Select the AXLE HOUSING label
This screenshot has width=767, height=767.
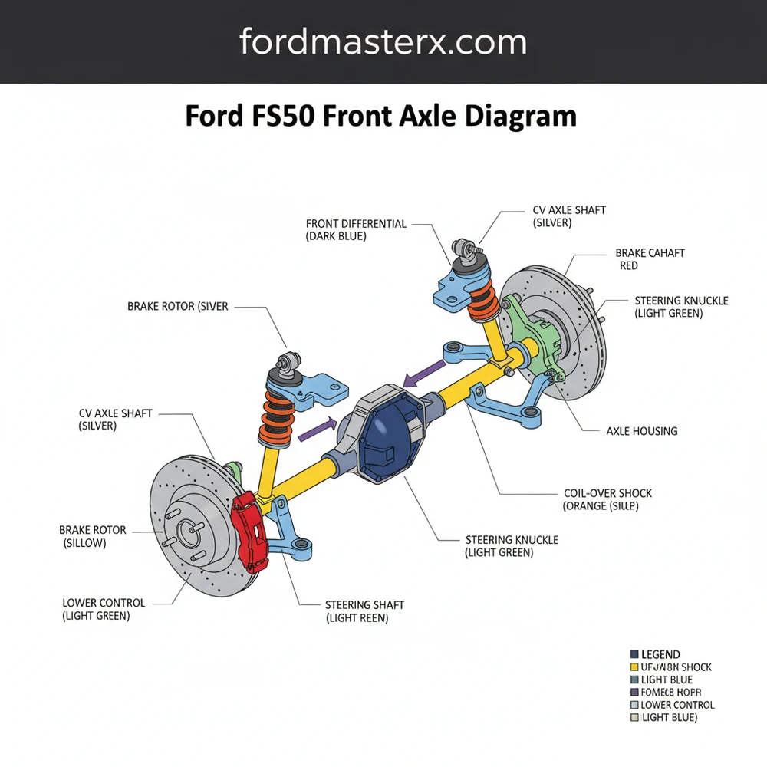pyautogui.click(x=641, y=431)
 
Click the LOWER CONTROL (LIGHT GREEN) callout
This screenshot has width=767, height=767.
pyautogui.click(x=104, y=609)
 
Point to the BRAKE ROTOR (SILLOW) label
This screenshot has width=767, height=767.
pyautogui.click(x=92, y=536)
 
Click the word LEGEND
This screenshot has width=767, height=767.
pyautogui.click(x=660, y=654)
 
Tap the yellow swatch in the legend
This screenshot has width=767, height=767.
pyautogui.click(x=634, y=667)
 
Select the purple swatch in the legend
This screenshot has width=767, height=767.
pyautogui.click(x=634, y=693)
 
